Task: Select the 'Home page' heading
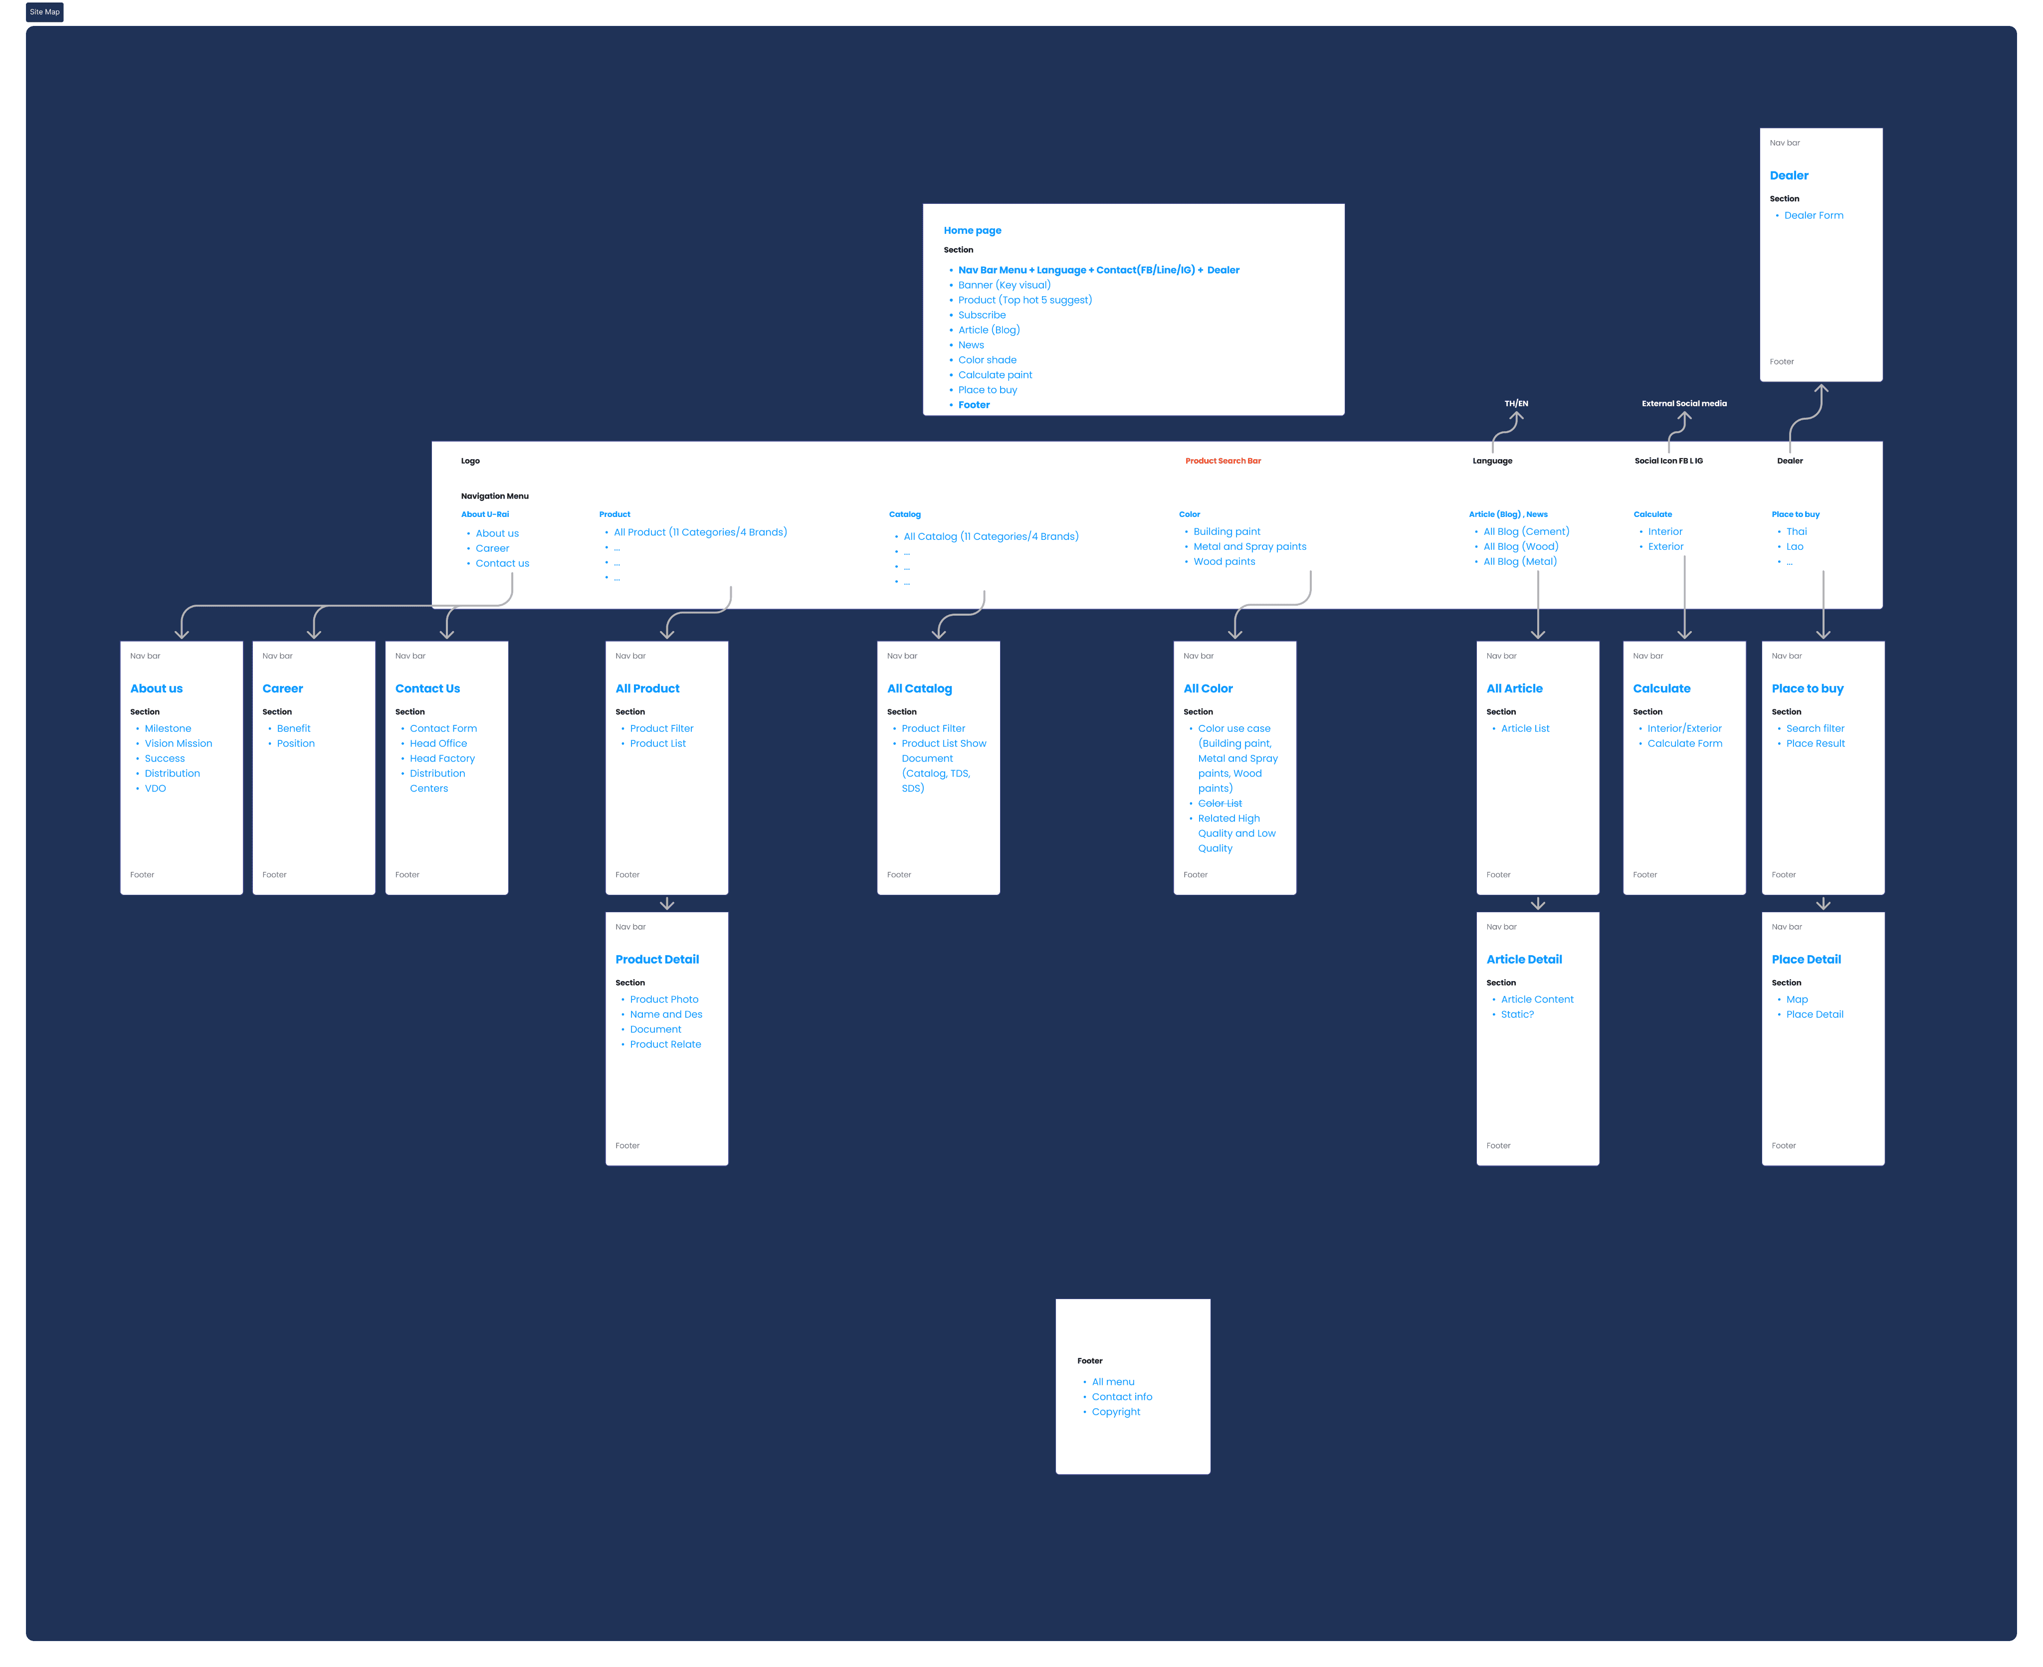pyautogui.click(x=972, y=230)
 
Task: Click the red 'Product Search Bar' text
pyautogui.click(x=1223, y=461)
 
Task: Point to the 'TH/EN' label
pyautogui.click(x=1516, y=403)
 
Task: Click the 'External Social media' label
pyautogui.click(x=1684, y=403)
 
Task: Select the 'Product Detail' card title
pyautogui.click(x=657, y=959)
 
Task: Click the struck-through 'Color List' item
pyautogui.click(x=1220, y=804)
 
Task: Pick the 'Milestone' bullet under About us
pyautogui.click(x=168, y=729)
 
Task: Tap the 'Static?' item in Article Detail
pyautogui.click(x=1518, y=1015)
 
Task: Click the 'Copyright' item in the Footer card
pyautogui.click(x=1116, y=1412)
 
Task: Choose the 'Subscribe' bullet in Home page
pyautogui.click(x=982, y=315)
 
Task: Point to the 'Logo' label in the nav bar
pyautogui.click(x=471, y=461)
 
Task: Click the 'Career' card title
pyautogui.click(x=282, y=688)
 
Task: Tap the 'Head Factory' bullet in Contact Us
pyautogui.click(x=442, y=759)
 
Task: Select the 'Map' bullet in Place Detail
pyautogui.click(x=1796, y=1000)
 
